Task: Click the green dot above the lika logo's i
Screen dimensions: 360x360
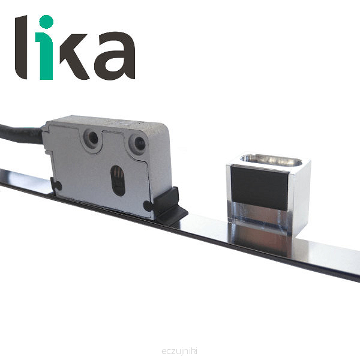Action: [46, 22]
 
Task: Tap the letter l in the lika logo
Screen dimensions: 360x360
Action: [21, 47]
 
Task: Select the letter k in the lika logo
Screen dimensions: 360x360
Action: [74, 57]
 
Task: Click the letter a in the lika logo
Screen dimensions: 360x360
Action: [115, 56]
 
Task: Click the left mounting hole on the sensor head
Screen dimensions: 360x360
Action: [91, 138]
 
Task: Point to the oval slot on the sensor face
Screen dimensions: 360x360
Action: [118, 181]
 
